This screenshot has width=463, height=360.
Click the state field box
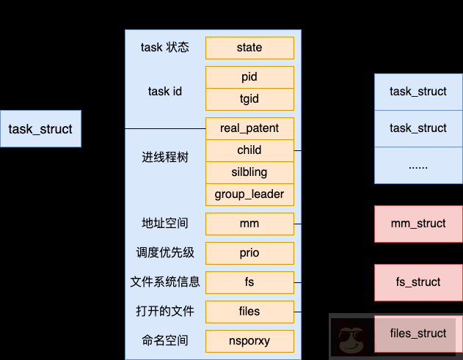tap(249, 48)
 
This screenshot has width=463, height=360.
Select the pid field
tap(249, 77)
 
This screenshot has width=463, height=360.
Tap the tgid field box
tap(249, 99)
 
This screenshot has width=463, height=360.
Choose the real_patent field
tap(249, 128)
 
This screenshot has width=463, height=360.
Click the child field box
tap(249, 150)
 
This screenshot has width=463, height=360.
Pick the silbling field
tap(249, 172)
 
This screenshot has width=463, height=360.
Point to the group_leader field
tap(249, 194)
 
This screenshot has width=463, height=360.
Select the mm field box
tap(249, 224)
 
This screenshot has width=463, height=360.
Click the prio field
tap(249, 253)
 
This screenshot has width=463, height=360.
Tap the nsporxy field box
tap(249, 341)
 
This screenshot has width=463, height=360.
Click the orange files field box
tap(249, 312)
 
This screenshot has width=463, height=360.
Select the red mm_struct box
tap(418, 224)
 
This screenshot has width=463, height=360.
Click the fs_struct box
tap(418, 282)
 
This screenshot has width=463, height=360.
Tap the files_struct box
tap(418, 334)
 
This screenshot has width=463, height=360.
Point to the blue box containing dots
tap(418, 165)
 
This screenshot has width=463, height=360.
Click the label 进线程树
tap(165, 158)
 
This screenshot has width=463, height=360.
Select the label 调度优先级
tap(165, 253)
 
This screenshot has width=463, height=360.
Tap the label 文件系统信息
tap(165, 282)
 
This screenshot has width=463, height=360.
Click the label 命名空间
tap(165, 341)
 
